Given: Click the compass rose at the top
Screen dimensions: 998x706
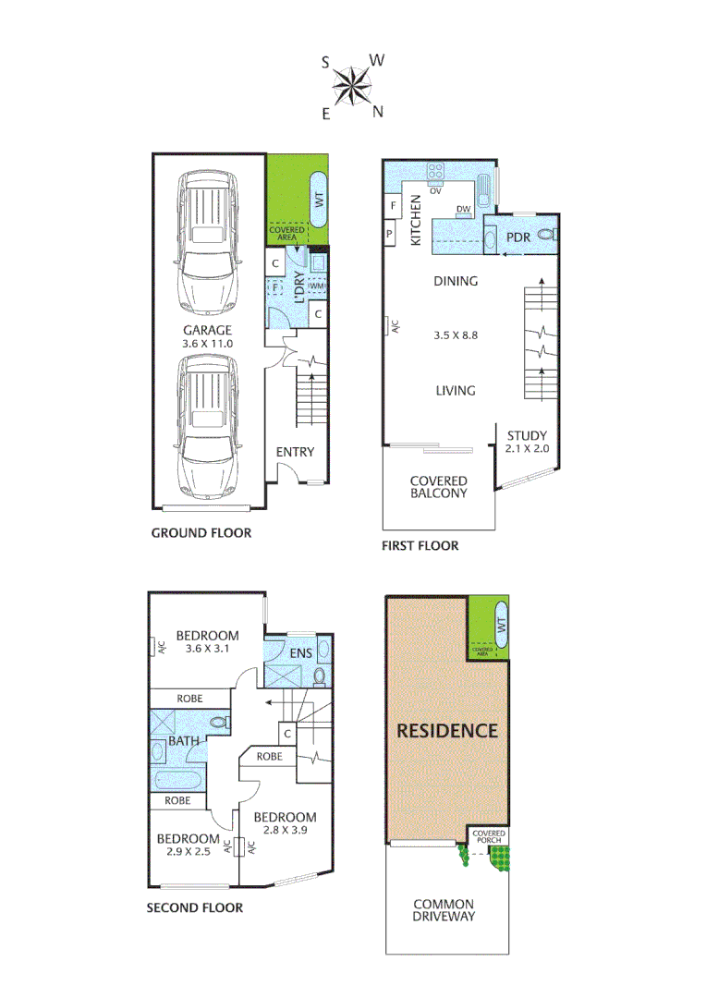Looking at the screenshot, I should click(x=352, y=87).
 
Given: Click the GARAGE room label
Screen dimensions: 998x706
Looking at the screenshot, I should click(x=207, y=330).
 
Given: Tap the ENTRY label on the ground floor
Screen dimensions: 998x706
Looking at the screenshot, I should click(x=295, y=452).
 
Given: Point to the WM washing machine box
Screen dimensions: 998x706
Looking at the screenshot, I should click(x=316, y=286).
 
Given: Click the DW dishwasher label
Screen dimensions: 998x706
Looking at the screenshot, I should click(x=464, y=210).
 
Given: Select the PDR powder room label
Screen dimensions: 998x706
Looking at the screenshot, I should click(x=517, y=237).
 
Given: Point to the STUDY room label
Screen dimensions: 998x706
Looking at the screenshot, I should click(x=527, y=436).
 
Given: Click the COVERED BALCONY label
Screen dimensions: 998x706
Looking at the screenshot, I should click(x=439, y=487).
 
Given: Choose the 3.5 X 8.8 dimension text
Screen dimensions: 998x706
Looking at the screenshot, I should click(x=456, y=335).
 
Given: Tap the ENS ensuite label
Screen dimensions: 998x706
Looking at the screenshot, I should click(x=301, y=654).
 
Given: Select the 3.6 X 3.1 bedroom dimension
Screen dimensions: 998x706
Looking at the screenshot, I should click(x=207, y=649).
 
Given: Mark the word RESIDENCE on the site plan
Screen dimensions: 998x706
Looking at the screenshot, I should click(x=447, y=730).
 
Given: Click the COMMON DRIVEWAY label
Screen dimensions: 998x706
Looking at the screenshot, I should click(x=444, y=910).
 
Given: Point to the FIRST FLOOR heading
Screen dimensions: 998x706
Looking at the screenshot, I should click(x=420, y=546).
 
